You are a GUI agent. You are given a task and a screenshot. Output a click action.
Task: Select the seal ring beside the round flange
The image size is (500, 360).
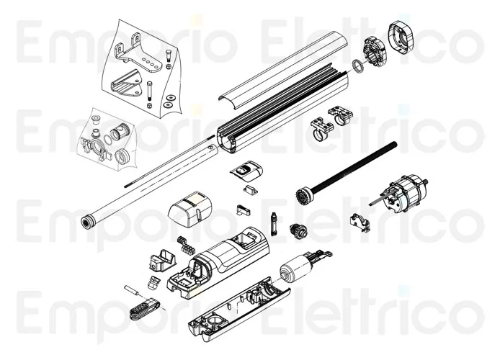click(358, 66)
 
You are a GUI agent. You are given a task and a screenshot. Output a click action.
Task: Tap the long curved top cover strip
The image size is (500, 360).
click(283, 67)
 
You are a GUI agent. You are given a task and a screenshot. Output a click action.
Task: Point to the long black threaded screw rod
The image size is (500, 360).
click(354, 168)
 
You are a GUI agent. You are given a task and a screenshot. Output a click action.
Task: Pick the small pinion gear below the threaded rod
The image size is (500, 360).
click(298, 230)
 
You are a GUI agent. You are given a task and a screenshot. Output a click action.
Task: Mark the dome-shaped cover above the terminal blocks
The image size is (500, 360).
click(189, 210)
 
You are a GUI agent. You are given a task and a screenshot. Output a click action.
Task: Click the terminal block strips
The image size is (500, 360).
click(186, 244)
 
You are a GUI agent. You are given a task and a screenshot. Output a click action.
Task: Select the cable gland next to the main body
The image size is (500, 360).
click(153, 283)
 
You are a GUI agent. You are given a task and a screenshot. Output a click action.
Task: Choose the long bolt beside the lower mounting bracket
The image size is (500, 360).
click(149, 94)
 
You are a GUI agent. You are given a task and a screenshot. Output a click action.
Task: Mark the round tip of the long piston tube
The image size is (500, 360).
click(86, 222)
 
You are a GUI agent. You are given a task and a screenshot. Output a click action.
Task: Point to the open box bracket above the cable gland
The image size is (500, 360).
click(162, 260)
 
